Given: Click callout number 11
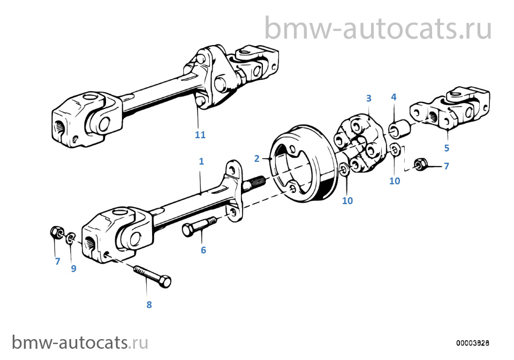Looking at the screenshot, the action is point(200,135).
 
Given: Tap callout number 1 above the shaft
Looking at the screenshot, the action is point(201,161).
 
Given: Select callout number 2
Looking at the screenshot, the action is point(256,159).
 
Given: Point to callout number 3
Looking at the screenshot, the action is point(369,98).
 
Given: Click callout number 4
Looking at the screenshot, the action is point(394,97).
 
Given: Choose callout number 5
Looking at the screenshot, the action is point(447,148).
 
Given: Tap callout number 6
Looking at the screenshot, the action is point(203,250).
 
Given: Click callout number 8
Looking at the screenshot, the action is point(149,305).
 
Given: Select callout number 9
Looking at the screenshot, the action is point(73,268).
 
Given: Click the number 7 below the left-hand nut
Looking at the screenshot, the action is point(58,261).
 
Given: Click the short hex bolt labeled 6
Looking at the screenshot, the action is point(199,226).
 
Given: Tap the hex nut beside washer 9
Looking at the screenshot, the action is point(56,233).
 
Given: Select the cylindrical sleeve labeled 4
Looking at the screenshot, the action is point(399,128).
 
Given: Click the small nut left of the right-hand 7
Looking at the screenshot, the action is point(420,164).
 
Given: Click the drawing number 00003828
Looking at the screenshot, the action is point(473,343).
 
